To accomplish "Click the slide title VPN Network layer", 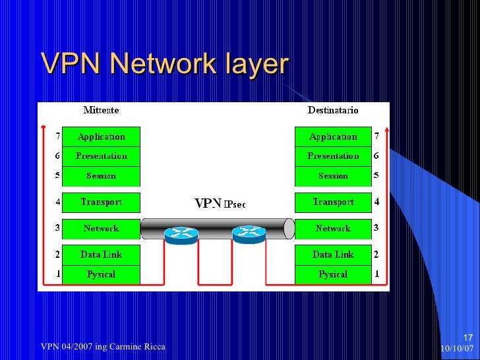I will click(x=165, y=64).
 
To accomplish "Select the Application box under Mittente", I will click(x=101, y=137).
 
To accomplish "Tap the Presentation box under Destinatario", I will click(x=333, y=156).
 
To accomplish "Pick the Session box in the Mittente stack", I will click(x=101, y=176).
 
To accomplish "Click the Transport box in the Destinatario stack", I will click(x=333, y=202).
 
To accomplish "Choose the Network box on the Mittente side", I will click(x=101, y=229).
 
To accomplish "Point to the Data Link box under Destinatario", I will click(x=333, y=255).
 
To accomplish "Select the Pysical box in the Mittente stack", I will click(x=101, y=274).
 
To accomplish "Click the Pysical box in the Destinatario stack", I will click(x=333, y=274).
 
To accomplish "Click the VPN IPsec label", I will click(x=220, y=204).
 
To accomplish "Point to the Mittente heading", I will click(x=101, y=110).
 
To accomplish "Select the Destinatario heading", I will click(x=333, y=110).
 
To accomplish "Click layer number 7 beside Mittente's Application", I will click(x=57, y=137).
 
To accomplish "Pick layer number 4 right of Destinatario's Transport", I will click(x=376, y=202).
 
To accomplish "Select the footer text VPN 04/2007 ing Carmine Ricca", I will click(x=103, y=347).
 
